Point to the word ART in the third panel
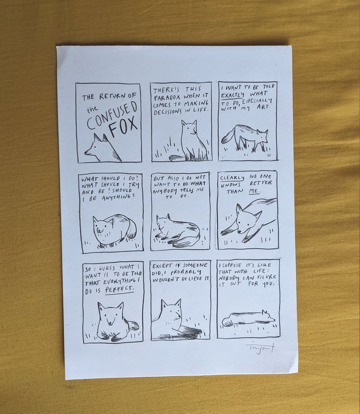point(263,107)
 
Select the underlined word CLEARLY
point(232,178)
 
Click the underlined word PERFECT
point(120,289)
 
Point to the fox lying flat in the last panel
point(248,318)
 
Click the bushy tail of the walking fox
point(228,137)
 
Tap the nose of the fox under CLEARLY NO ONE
point(239,232)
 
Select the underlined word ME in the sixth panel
point(255,191)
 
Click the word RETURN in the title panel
point(112,96)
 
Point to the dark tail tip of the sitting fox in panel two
point(175,158)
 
